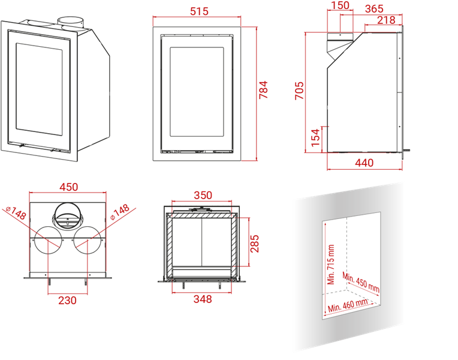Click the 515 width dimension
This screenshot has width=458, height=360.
(x=198, y=11)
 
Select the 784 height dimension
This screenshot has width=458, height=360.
(x=264, y=90)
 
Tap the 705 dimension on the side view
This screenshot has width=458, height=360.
(x=300, y=91)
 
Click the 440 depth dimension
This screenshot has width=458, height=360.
(x=364, y=163)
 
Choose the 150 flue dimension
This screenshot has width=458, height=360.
(x=339, y=6)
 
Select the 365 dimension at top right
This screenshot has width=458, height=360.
(x=373, y=8)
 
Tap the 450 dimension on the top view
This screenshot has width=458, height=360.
(x=68, y=187)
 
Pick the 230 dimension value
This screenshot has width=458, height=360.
(x=67, y=300)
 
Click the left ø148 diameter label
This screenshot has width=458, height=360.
(x=16, y=212)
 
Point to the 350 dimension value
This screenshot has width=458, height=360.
(x=203, y=195)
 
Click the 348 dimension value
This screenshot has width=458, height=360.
(x=203, y=299)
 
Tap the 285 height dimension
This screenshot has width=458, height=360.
(x=254, y=242)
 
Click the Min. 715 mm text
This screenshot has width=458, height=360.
(x=330, y=265)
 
